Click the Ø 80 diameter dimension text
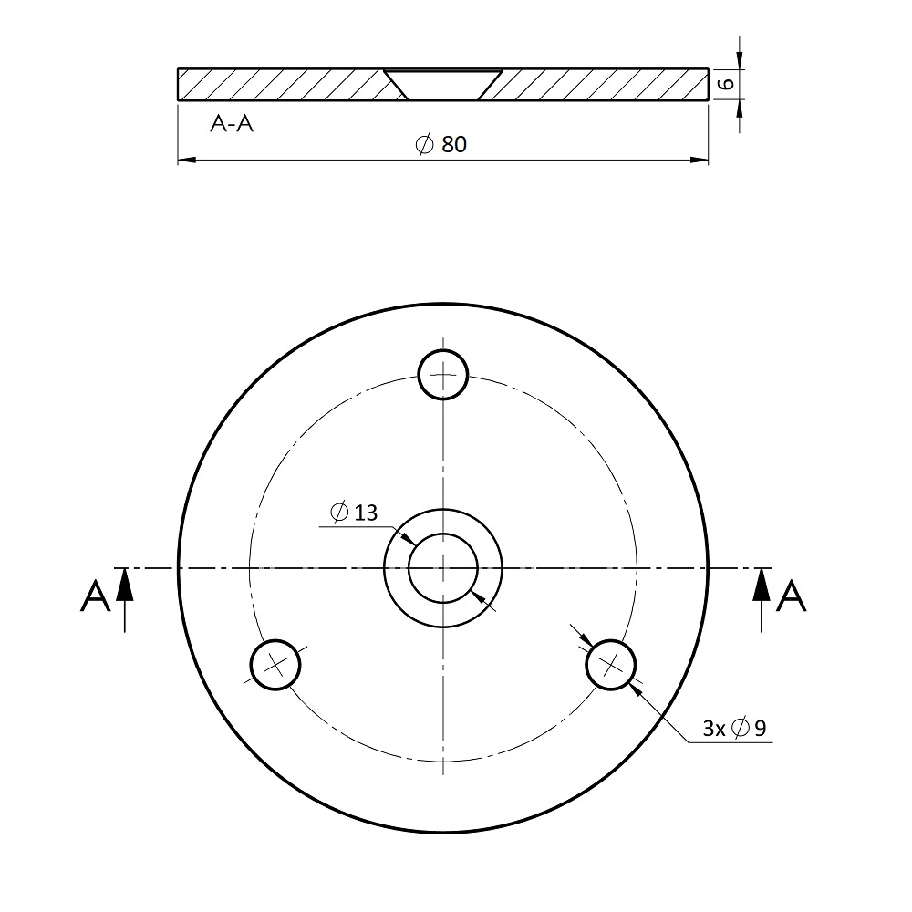441,144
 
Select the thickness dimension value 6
726,84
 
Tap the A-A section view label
232,124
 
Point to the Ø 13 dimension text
354,513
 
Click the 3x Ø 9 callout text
734,728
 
